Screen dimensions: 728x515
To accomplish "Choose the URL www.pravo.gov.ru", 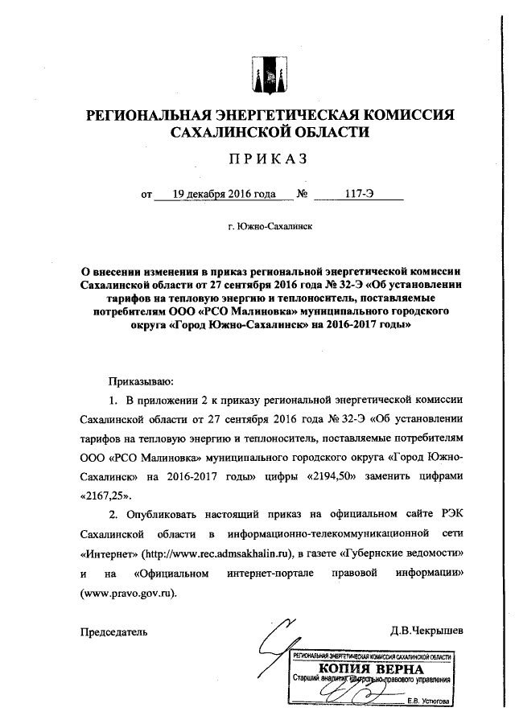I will pos(128,594).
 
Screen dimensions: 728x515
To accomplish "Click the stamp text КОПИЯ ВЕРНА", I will pos(369,671).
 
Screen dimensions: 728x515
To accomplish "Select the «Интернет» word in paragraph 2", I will pos(109,555).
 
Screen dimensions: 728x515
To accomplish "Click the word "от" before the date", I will pos(146,195).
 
